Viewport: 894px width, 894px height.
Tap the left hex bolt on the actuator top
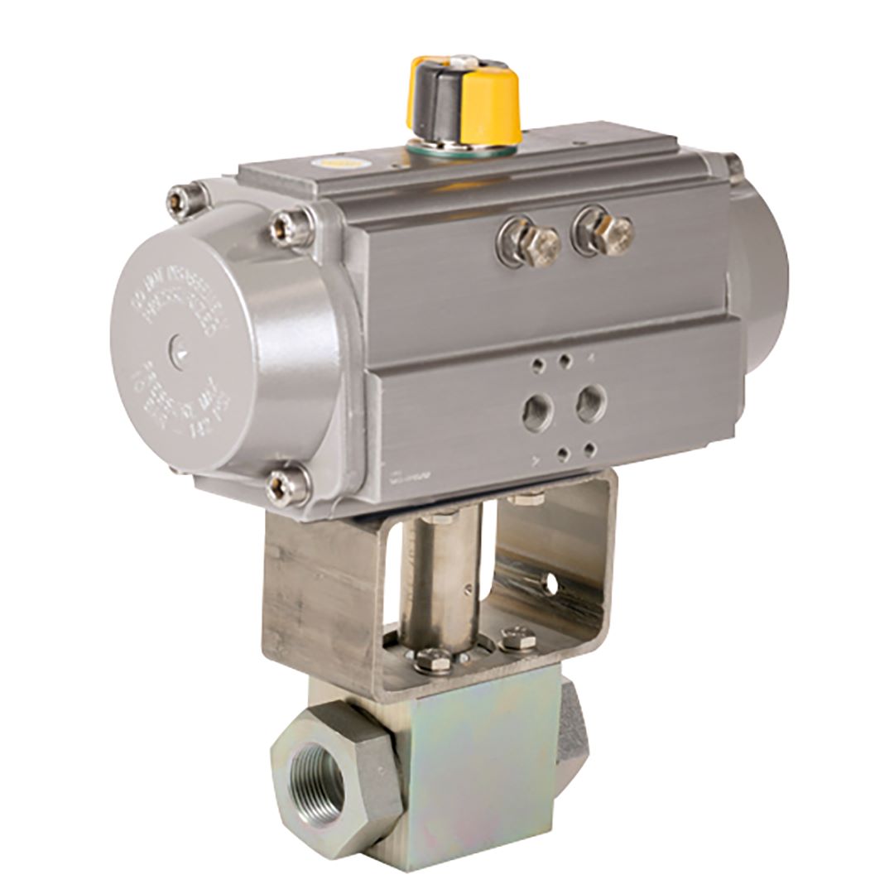529,241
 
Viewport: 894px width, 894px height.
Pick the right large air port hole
590,402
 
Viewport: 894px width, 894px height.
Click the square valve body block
472,762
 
